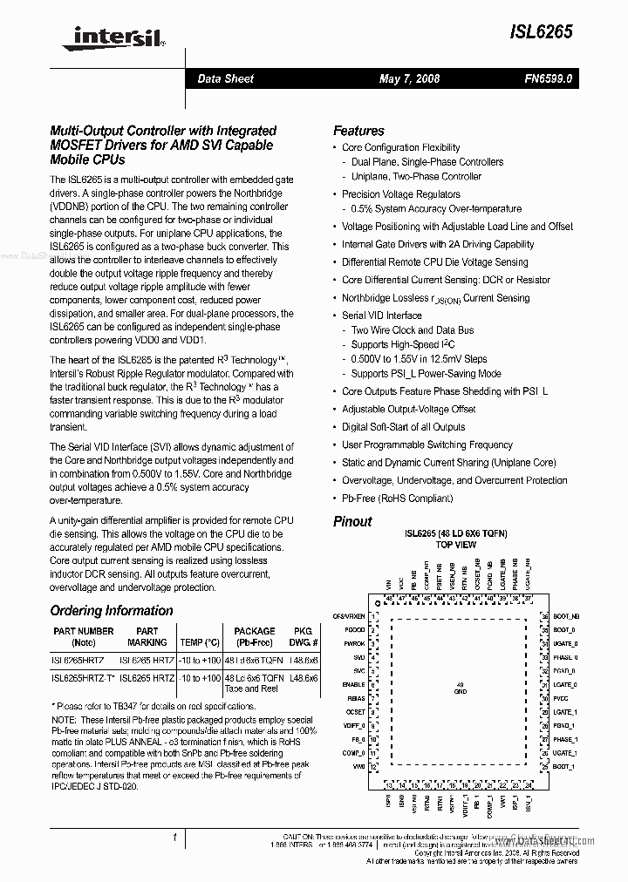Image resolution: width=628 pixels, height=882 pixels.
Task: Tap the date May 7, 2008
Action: click(409, 78)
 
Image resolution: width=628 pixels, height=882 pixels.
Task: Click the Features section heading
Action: click(358, 130)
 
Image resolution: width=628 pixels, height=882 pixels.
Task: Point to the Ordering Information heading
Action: click(112, 611)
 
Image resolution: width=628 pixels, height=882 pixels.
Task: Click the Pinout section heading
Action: click(352, 521)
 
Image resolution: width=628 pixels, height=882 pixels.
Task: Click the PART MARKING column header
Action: click(147, 636)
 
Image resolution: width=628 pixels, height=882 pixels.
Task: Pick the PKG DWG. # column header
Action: click(303, 636)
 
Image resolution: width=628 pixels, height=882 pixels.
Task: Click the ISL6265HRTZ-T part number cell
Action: click(81, 677)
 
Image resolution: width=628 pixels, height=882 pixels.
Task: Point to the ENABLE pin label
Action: click(353, 685)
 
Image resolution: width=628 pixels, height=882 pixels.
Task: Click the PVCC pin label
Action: click(560, 699)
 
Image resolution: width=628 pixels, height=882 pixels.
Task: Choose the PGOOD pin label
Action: click(354, 629)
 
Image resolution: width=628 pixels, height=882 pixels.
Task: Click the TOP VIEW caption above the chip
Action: click(455, 545)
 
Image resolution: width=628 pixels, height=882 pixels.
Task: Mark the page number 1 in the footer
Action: click(175, 839)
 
